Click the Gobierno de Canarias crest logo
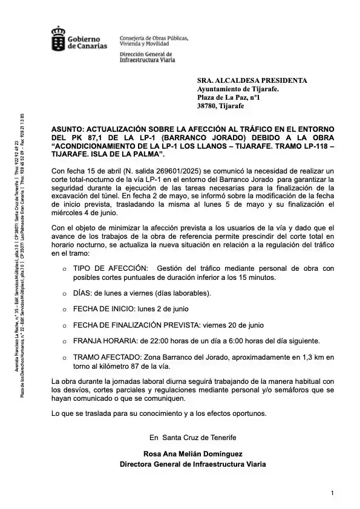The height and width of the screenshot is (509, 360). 59,38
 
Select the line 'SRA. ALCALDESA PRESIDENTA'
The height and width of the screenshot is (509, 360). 252,80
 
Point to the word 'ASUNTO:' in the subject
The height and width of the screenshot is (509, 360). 67,129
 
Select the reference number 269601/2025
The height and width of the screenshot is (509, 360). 180,171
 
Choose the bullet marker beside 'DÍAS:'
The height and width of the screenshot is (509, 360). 64,293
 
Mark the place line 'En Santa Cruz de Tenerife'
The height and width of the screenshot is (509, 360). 192,437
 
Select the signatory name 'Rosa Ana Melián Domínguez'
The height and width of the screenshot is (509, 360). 192,453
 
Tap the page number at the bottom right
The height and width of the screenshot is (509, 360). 332,493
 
